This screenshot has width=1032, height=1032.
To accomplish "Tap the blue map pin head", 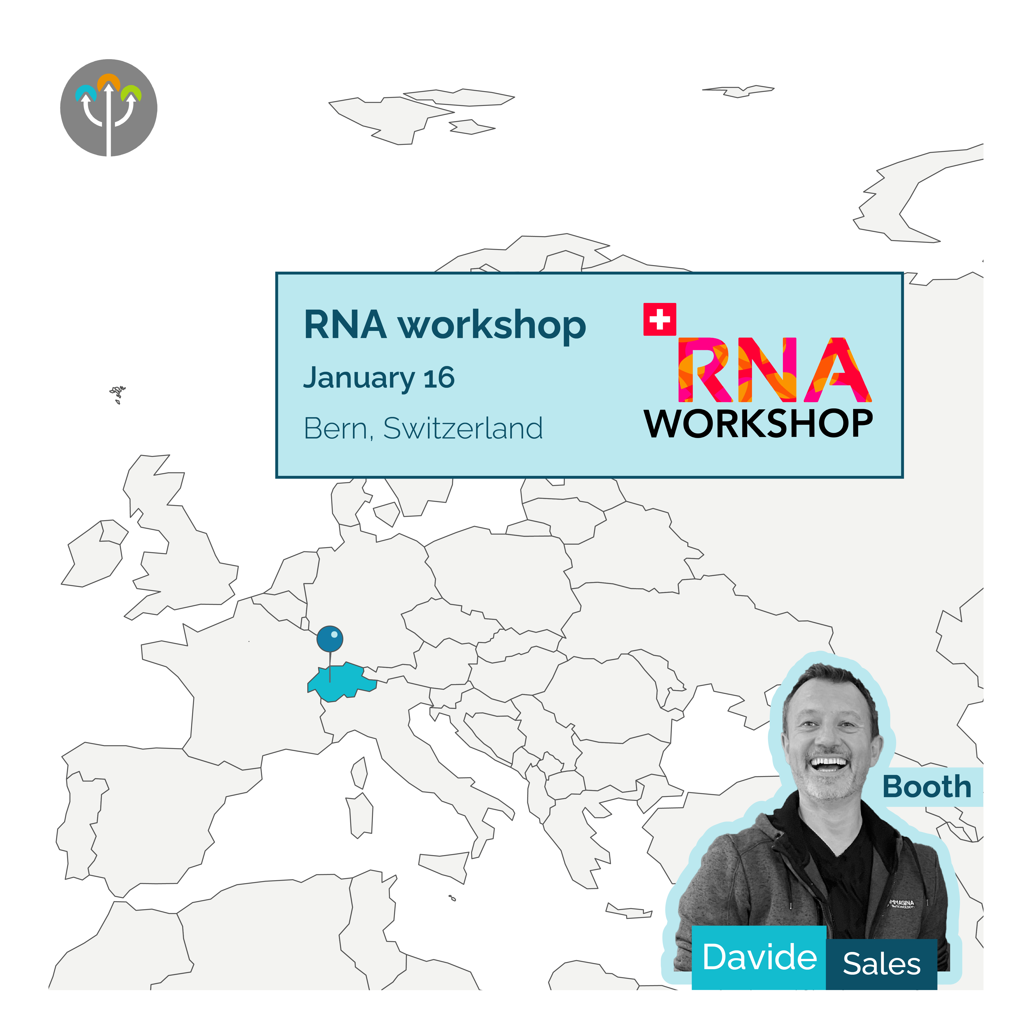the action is tap(330, 639).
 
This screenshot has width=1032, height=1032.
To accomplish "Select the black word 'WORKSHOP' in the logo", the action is tap(758, 424).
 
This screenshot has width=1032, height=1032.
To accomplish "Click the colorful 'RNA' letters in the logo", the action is tap(774, 370).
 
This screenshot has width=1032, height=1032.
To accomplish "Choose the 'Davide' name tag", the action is tap(759, 957).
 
